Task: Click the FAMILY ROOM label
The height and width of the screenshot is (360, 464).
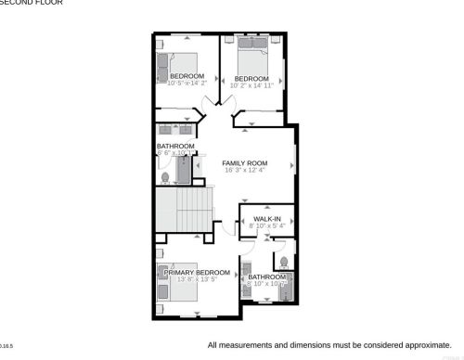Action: tap(245, 162)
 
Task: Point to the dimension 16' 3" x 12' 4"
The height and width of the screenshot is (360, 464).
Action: tap(244, 171)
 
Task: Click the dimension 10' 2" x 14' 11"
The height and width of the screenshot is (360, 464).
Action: tap(253, 86)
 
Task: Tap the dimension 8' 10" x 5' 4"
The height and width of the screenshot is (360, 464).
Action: tap(269, 225)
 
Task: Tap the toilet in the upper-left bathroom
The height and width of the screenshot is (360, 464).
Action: tap(166, 176)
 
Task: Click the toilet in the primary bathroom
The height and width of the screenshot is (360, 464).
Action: tap(281, 262)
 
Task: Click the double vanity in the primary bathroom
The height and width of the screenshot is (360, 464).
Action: tap(246, 283)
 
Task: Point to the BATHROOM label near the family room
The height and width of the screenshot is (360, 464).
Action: tap(175, 146)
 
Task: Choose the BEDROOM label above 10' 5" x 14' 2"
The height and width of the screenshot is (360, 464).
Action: tap(187, 76)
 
